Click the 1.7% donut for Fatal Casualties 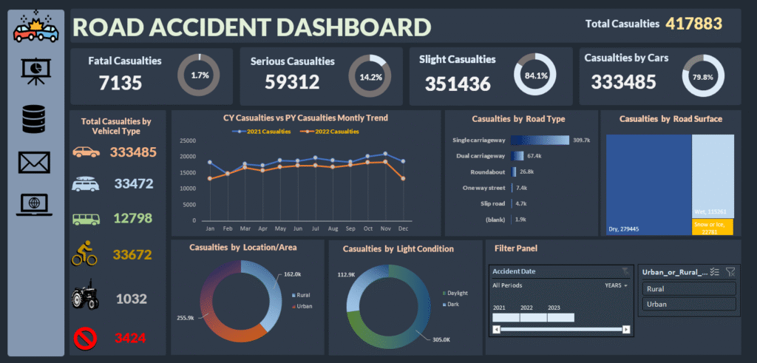click(x=199, y=75)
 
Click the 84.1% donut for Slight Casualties click(x=536, y=75)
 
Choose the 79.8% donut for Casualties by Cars click(x=704, y=75)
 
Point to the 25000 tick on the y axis click(x=187, y=140)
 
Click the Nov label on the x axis click(x=385, y=229)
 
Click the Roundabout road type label click(x=486, y=172)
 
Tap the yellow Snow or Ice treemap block click(x=713, y=227)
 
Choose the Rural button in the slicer click(x=688, y=289)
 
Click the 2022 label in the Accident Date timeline click(x=526, y=307)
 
